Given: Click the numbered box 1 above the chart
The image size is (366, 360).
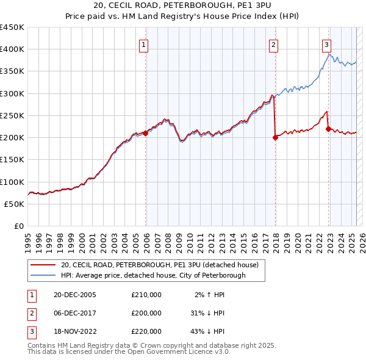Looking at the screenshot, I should (143, 44).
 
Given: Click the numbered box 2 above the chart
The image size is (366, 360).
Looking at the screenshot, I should (274, 44).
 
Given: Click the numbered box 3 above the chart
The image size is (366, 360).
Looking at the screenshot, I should (327, 44).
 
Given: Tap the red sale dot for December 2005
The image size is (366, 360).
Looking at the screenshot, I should (146, 133).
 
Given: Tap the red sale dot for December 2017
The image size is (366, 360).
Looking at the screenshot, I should (275, 137).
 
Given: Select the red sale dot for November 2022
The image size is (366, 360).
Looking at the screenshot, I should (329, 129).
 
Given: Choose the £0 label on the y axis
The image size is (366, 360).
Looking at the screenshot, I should (18, 226).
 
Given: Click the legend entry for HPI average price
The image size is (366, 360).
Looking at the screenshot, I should (152, 275).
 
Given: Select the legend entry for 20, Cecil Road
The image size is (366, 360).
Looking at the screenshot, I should (160, 265).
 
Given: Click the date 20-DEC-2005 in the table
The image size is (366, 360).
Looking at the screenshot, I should (75, 295).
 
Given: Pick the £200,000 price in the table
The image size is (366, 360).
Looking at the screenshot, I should (146, 313).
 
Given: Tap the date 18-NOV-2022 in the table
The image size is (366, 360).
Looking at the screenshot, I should (76, 331).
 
